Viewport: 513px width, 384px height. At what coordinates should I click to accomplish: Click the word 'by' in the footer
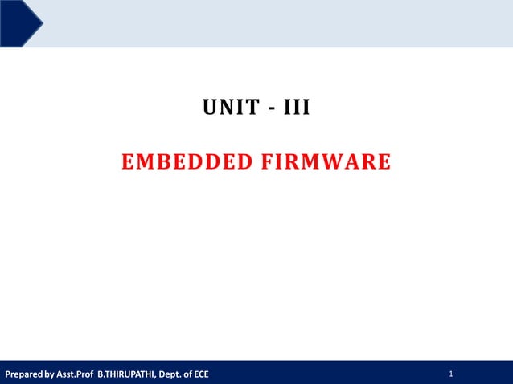tap(50, 374)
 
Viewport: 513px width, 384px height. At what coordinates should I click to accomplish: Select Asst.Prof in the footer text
tap(75, 374)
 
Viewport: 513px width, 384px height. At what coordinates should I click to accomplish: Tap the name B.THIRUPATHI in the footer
tap(126, 374)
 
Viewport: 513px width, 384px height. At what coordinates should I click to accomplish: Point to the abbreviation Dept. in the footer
tap(170, 374)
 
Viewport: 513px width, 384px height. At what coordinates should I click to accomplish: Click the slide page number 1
tap(452, 374)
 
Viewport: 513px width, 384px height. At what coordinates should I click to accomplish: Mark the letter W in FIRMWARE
tap(331, 163)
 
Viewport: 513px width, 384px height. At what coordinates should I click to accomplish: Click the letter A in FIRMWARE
tap(351, 163)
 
